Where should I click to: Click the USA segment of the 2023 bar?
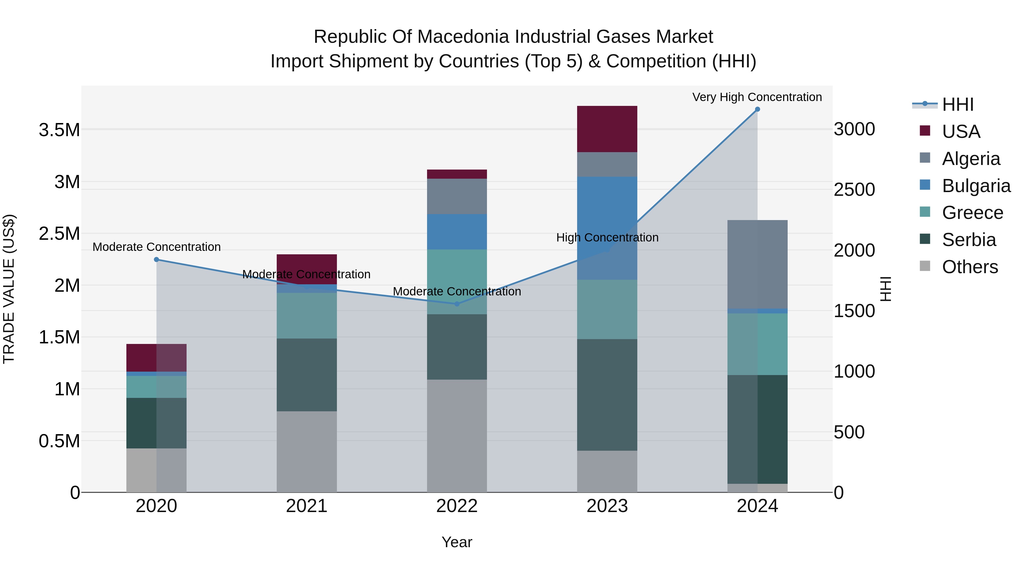pos(607,129)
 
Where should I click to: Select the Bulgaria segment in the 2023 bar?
pos(607,228)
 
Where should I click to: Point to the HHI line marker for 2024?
pos(757,109)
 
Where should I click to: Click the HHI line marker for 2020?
pos(156,260)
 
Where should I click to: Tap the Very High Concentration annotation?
pos(757,97)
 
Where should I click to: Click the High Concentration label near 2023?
pos(607,237)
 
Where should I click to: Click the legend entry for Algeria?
pos(971,159)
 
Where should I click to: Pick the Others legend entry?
pos(970,267)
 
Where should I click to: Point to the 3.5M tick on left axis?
pos(59,130)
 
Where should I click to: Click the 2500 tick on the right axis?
pos(854,190)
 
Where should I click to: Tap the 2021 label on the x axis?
pos(307,506)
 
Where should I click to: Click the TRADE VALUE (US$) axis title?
pos(9,289)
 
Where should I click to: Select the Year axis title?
pos(456,542)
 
